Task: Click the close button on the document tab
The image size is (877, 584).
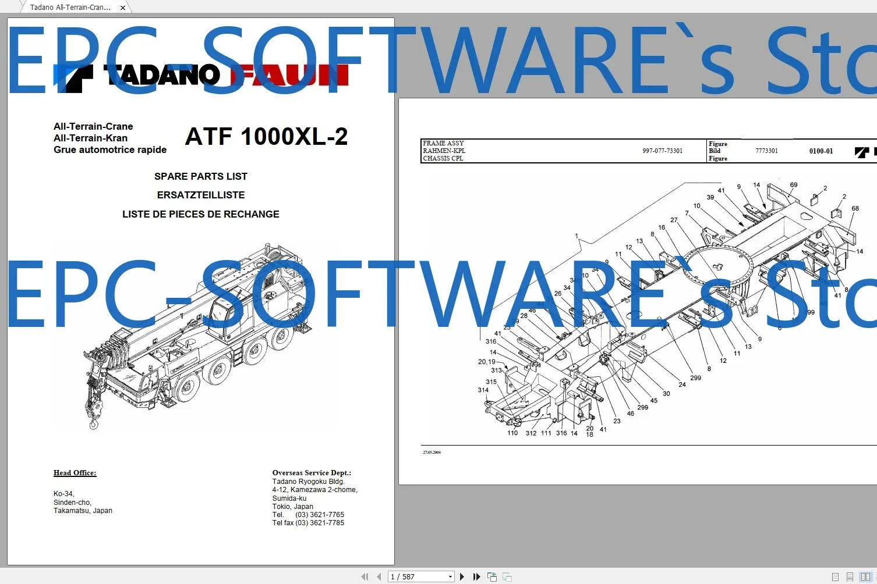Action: tap(123, 8)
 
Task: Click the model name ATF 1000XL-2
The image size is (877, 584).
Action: tap(266, 137)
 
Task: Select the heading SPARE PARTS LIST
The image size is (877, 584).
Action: tap(201, 176)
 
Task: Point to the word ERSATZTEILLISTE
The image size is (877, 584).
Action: tap(201, 195)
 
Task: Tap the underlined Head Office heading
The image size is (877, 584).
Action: tap(75, 473)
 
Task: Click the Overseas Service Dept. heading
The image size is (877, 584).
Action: tap(312, 473)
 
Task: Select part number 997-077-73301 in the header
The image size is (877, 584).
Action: tap(662, 151)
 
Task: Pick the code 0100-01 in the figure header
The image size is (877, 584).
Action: tap(821, 151)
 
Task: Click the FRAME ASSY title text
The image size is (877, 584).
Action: tap(443, 143)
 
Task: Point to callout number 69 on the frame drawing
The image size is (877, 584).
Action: tap(794, 185)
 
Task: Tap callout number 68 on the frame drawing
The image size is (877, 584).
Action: tap(855, 208)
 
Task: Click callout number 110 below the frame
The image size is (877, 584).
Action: tap(512, 433)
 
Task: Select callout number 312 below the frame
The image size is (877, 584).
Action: tap(531, 433)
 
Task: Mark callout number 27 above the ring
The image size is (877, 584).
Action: tap(674, 220)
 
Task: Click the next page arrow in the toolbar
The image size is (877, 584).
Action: tap(462, 576)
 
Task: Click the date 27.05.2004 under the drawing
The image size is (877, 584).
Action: tap(432, 452)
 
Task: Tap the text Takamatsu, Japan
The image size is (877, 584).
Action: tap(83, 511)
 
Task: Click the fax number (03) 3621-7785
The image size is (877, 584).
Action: tap(320, 523)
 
